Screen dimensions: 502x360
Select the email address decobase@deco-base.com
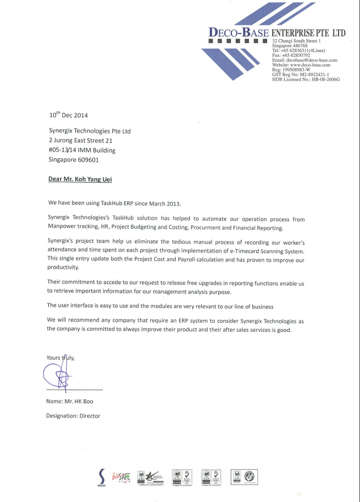tap(305, 60)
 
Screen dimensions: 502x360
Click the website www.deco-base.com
tap(302, 65)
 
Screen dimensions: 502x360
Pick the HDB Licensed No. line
tap(306, 79)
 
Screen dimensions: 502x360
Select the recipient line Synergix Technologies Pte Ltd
tap(90, 130)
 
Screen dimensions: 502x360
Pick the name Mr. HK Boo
tap(79, 401)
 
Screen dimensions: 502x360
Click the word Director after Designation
tap(90, 416)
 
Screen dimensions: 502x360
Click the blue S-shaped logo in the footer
tap(101, 476)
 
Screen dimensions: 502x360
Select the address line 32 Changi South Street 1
tap(297, 41)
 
